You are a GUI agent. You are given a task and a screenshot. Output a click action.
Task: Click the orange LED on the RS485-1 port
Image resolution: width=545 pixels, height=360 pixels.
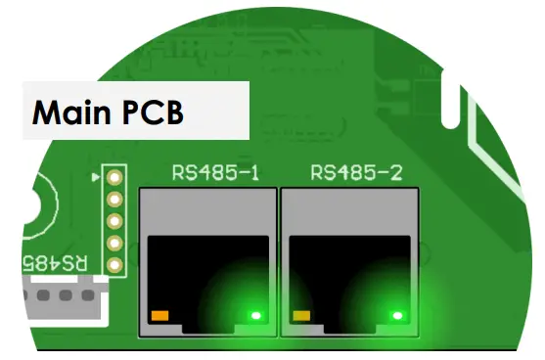(x=159, y=316)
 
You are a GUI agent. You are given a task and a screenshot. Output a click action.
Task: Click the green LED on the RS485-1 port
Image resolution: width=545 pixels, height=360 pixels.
(x=256, y=316)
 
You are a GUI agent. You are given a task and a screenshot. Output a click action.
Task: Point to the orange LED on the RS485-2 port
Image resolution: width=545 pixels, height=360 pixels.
(x=301, y=316)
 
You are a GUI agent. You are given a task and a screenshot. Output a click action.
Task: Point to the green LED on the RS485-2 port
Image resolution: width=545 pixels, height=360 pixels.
(x=397, y=316)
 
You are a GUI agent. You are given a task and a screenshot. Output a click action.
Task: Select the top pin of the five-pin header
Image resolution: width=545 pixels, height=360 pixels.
(x=114, y=176)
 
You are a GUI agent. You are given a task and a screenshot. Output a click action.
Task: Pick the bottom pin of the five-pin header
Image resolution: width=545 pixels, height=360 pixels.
(x=114, y=265)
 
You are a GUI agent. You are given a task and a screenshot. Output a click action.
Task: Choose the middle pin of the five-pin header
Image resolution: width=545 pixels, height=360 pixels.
(x=114, y=221)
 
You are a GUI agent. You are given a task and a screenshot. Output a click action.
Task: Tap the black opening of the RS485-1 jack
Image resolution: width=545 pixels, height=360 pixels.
(x=205, y=274)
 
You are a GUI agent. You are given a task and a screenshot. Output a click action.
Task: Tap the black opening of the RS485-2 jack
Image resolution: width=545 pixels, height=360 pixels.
(x=347, y=274)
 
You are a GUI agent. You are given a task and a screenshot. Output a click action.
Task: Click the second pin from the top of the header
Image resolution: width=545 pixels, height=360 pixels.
(x=114, y=199)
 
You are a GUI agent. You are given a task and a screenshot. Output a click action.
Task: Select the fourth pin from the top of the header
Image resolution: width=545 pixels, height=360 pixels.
(x=114, y=244)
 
